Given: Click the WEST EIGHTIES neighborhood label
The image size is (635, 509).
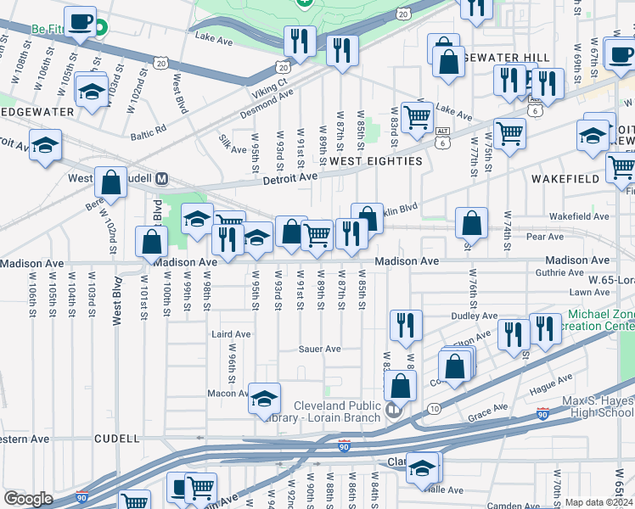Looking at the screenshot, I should pyautogui.click(x=375, y=161).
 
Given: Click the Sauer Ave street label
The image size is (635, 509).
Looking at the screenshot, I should pyautogui.click(x=319, y=349).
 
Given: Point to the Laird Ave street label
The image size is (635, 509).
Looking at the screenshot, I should pyautogui.click(x=231, y=334).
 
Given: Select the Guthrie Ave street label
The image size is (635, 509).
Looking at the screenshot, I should pyautogui.click(x=561, y=273).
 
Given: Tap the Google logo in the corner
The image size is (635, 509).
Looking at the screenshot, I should pyautogui.click(x=28, y=499).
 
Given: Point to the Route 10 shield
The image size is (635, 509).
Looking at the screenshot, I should pyautogui.click(x=434, y=409).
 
